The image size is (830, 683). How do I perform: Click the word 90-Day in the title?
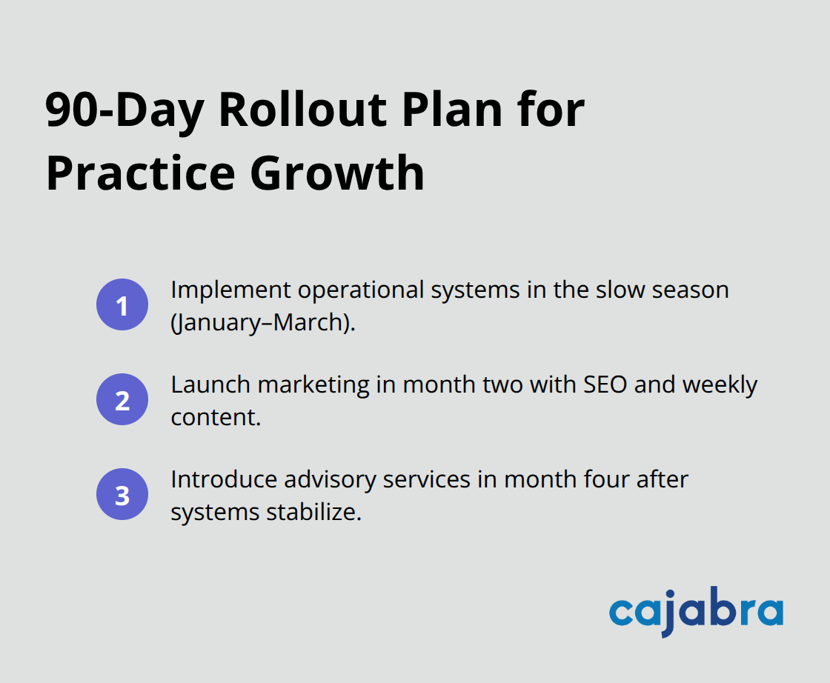[x=124, y=110]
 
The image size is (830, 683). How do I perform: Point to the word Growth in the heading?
[x=337, y=174]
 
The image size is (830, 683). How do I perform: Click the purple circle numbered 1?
[x=122, y=304]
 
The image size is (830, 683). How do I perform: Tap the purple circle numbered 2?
[x=122, y=399]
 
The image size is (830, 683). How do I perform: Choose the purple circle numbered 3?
[x=122, y=494]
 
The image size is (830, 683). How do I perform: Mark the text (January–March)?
[x=263, y=322]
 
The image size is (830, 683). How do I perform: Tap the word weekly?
[x=720, y=384]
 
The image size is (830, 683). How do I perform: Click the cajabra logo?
[x=696, y=612]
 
